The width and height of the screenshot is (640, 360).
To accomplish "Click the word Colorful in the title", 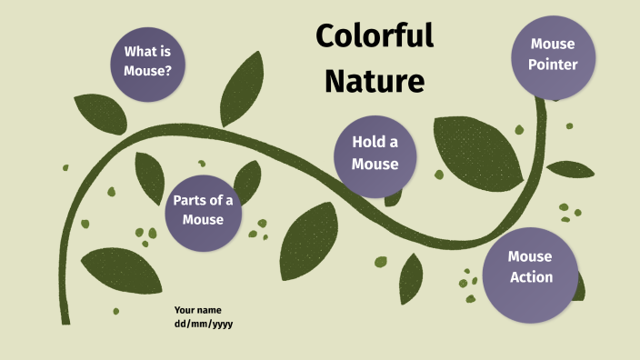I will (374, 37).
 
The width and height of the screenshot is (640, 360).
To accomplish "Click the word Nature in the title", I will (374, 81).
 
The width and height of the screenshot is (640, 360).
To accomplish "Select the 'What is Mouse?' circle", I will (148, 59).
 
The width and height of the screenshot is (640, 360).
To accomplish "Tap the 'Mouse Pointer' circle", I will (553, 54).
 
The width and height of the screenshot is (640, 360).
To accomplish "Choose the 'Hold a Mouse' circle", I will (375, 153).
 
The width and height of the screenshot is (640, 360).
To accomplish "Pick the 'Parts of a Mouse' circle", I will (203, 211).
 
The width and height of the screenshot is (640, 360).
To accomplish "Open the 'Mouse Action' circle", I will (530, 267).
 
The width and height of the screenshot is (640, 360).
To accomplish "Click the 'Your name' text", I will (197, 310).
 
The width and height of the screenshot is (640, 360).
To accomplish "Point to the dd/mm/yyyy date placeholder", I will (204, 324).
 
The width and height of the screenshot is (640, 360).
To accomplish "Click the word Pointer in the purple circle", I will (553, 65).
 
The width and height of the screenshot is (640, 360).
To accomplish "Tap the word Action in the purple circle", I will (531, 277).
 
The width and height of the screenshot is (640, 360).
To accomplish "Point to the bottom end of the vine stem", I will (65, 318).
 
